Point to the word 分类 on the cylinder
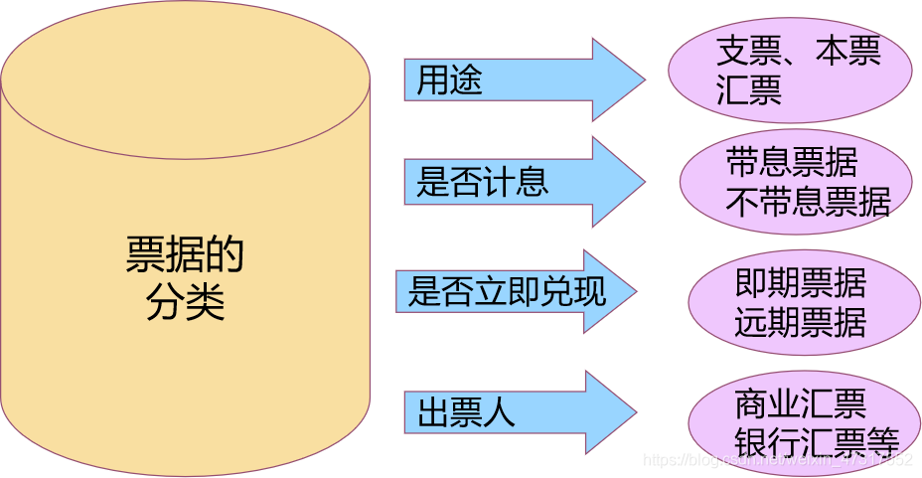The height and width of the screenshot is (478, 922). pos(185,301)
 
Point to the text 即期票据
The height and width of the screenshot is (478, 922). pos(801,284)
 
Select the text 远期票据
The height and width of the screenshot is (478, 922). pos(801,322)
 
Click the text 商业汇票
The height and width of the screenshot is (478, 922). pos(801,402)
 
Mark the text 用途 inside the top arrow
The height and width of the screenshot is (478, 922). pos(449,80)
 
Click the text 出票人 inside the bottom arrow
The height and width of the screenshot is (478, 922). pos(466,412)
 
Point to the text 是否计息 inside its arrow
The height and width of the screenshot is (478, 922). pos(482,183)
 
